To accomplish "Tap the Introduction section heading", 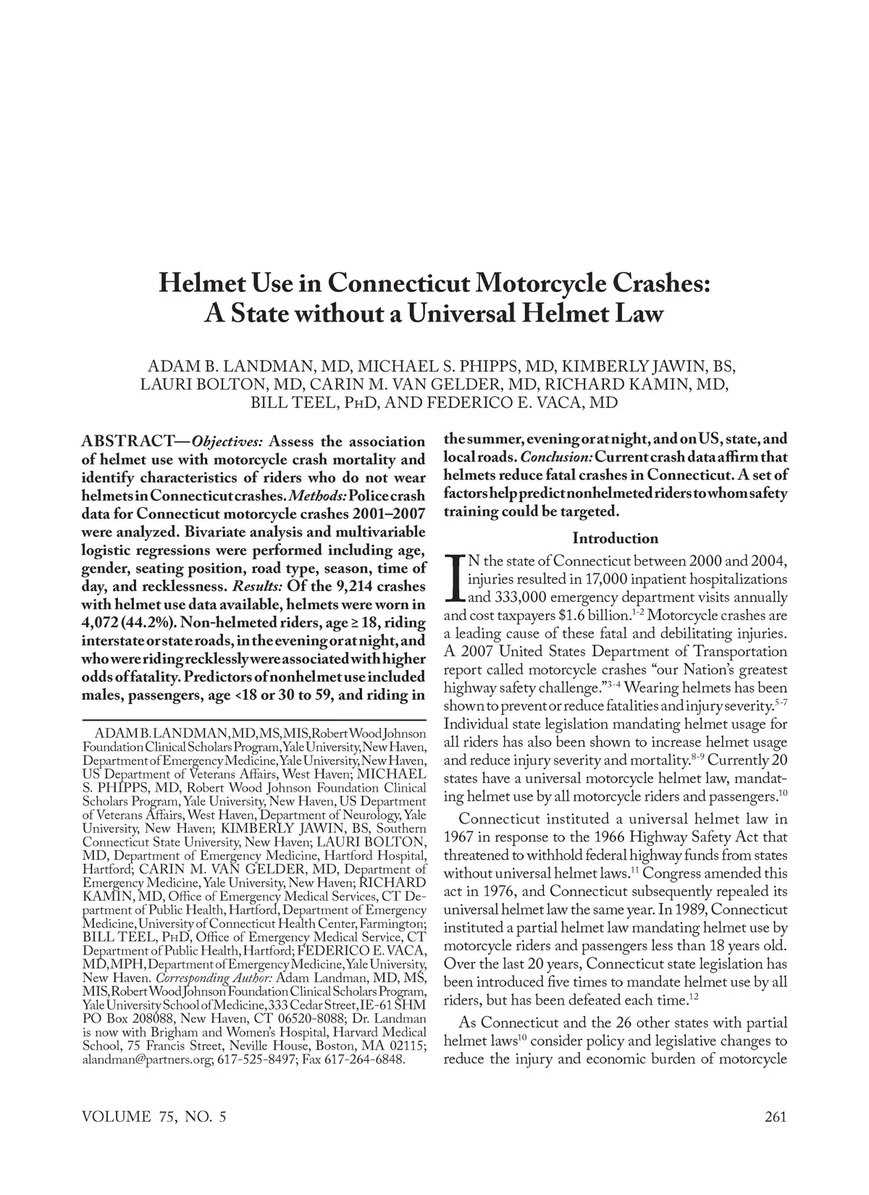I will click(615, 538).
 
